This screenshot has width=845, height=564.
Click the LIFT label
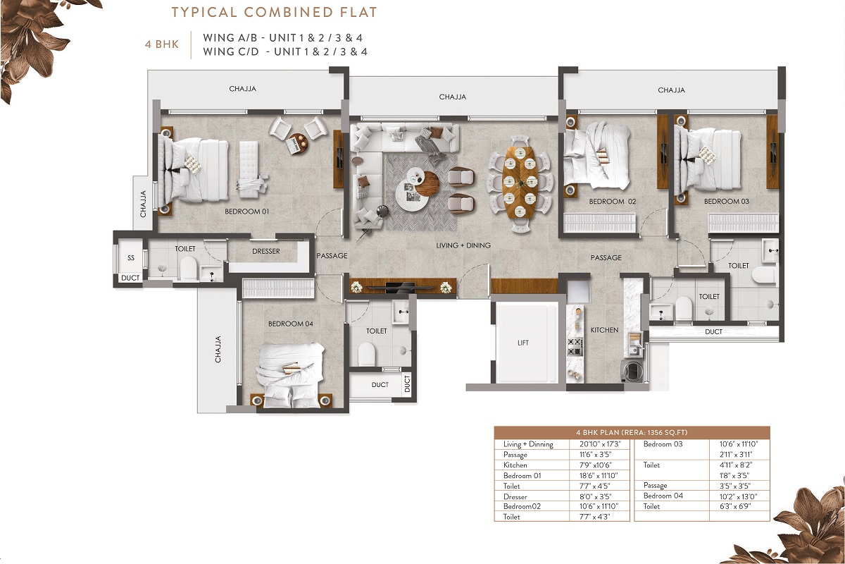[x=522, y=343]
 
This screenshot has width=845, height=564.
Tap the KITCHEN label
[x=604, y=330]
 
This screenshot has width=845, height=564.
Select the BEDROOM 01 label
[x=247, y=211]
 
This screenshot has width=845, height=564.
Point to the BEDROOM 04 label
[x=290, y=324]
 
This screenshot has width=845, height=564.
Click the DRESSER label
[x=266, y=251]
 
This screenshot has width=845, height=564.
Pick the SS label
[x=130, y=257]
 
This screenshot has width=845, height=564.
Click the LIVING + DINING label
[x=463, y=245]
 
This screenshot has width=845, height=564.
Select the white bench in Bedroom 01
[x=250, y=169]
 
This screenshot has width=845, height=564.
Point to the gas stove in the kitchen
[x=575, y=347]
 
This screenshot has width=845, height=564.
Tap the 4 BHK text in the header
[x=162, y=44]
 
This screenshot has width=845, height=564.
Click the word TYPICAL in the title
[x=204, y=12]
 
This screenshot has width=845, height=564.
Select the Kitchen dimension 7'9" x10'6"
[x=596, y=465]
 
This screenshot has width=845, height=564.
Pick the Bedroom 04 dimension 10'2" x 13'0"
[x=738, y=496]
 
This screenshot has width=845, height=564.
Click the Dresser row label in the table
[x=515, y=497]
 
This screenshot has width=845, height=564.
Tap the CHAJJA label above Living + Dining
[x=452, y=97]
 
